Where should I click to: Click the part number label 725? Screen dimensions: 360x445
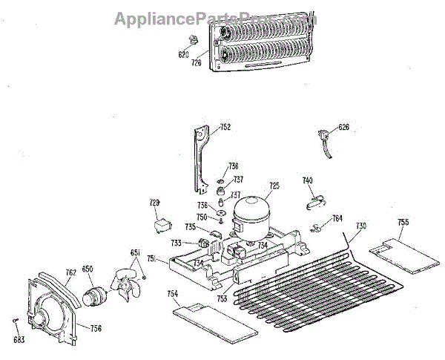tap(274, 186)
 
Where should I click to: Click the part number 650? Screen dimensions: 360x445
tap(88, 269)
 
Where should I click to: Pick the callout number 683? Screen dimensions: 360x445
tap(19, 341)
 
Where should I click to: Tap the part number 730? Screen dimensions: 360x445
tap(361, 226)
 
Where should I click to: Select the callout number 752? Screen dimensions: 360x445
tap(225, 128)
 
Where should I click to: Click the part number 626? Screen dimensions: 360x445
tap(343, 127)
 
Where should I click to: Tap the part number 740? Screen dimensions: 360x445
tap(307, 180)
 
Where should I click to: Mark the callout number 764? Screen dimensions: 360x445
tap(337, 219)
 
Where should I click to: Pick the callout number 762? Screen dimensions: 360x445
tap(70, 272)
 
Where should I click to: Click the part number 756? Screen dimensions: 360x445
tap(96, 327)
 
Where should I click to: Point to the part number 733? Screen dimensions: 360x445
tap(176, 243)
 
